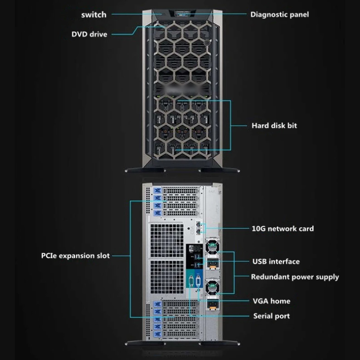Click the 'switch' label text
[x=94, y=15]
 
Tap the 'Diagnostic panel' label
[x=279, y=14]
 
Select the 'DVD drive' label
[x=89, y=34]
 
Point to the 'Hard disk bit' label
[x=274, y=126]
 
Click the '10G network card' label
[x=283, y=229]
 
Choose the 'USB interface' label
[x=276, y=261]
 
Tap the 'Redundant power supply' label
[x=295, y=277]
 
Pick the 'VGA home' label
[x=271, y=301]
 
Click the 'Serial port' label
[x=271, y=316]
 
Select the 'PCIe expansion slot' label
[x=75, y=256]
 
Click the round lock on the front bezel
[x=207, y=42]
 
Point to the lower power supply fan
[x=212, y=286]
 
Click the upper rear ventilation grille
[x=167, y=240]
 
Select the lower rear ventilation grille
[x=167, y=277]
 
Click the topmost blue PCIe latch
[x=157, y=190]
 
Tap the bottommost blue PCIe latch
[x=157, y=334]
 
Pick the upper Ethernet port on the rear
[x=198, y=224]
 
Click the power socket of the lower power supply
[x=212, y=304]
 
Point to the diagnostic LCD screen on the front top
[x=183, y=13]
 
